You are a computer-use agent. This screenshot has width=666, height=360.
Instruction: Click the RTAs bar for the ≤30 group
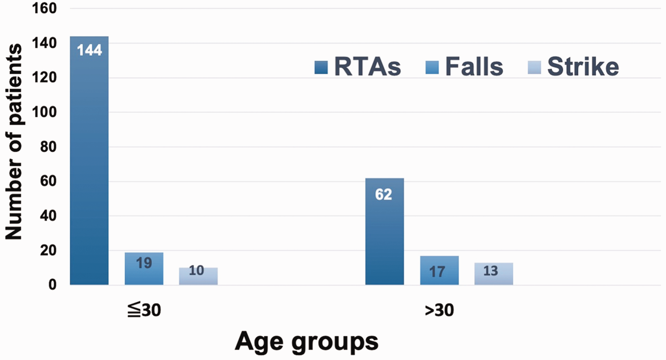[x=89, y=161]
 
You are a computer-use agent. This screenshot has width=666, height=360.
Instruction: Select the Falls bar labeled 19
[x=144, y=269]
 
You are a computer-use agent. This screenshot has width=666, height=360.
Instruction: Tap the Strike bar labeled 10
[x=198, y=276]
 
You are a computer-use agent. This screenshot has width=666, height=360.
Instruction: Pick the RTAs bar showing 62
[x=385, y=232]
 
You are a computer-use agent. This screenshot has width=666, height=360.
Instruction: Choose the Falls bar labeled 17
[x=439, y=270]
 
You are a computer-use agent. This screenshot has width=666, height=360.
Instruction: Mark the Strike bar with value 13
[x=494, y=274]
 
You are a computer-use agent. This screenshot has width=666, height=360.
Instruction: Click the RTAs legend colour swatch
[x=321, y=67]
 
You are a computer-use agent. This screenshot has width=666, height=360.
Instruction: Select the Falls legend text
[x=474, y=67]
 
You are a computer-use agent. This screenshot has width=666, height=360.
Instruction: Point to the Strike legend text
[x=583, y=67]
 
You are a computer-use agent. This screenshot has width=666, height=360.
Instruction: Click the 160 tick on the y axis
[x=44, y=8]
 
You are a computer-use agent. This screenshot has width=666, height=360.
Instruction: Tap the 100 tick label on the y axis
[x=44, y=112]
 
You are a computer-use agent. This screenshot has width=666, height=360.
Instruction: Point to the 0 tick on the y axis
[x=52, y=285]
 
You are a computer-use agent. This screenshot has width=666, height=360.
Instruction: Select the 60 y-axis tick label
[x=48, y=182]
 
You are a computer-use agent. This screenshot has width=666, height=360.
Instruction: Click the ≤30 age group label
[x=144, y=310]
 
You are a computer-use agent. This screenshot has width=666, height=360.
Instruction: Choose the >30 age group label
[x=439, y=310]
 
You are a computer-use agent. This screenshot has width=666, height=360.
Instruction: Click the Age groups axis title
[x=306, y=342]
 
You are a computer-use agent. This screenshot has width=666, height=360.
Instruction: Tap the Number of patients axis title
[x=14, y=142]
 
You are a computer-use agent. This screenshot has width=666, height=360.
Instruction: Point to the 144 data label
[x=90, y=50]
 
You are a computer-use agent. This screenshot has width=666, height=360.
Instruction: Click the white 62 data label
[x=384, y=194]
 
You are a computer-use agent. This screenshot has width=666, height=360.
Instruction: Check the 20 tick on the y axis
[x=48, y=251]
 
